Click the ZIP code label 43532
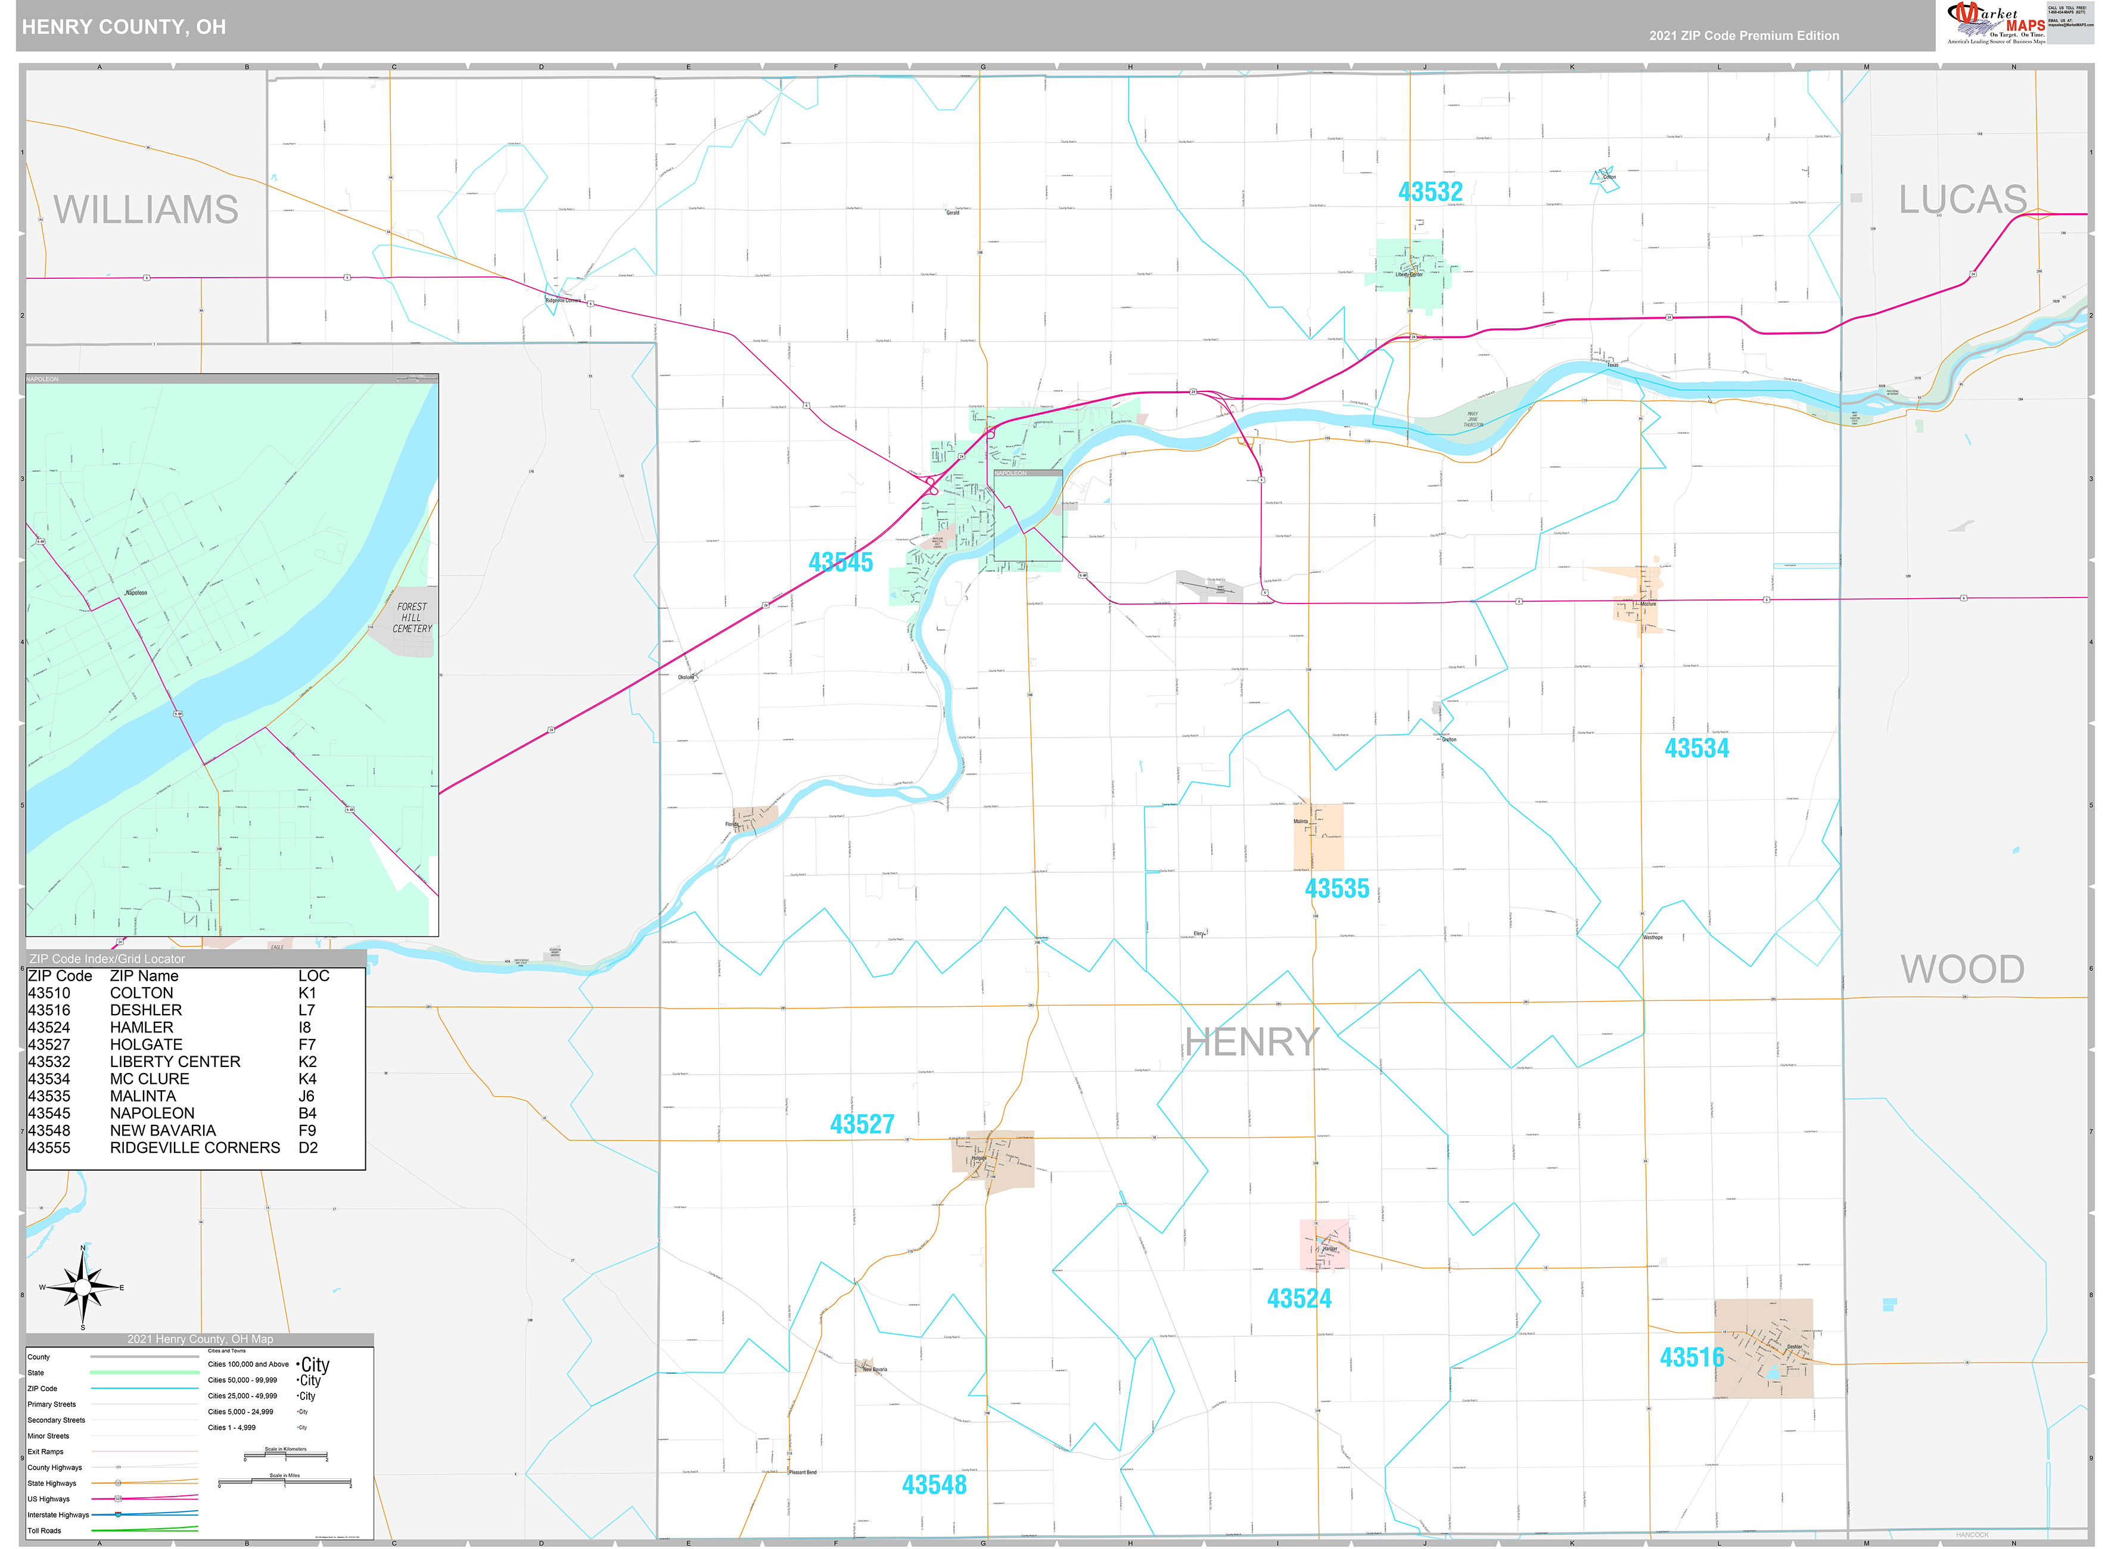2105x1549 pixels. tap(1430, 192)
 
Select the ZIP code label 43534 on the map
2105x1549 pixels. tap(1696, 748)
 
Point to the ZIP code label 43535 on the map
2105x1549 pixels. tap(1336, 888)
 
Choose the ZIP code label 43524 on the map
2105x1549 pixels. tap(1299, 1299)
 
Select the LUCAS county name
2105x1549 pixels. tap(1963, 200)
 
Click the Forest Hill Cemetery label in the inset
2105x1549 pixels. tap(412, 618)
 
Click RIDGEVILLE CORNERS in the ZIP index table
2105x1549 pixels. tap(194, 1147)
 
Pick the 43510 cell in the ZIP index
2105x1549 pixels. tap(49, 993)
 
